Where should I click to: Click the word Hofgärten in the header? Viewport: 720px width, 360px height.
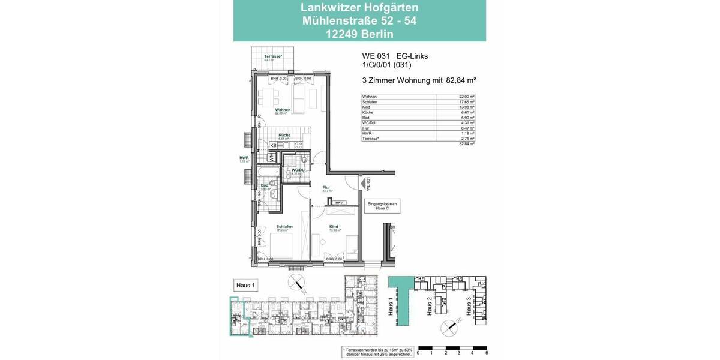(x=388, y=8)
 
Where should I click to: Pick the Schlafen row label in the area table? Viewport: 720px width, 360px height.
(x=370, y=102)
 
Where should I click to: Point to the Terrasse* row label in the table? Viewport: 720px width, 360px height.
(x=371, y=139)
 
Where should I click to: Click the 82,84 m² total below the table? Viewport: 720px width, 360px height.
(x=467, y=144)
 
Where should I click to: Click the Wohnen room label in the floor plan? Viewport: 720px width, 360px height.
(x=283, y=110)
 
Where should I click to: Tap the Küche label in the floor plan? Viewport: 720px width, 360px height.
(x=284, y=136)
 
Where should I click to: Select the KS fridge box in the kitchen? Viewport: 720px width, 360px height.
(x=273, y=145)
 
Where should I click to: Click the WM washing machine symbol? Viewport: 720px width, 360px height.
(x=272, y=157)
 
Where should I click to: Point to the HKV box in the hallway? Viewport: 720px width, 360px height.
(x=339, y=203)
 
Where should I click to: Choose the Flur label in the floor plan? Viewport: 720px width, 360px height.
(x=326, y=188)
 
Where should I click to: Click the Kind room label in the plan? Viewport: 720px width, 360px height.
(x=334, y=227)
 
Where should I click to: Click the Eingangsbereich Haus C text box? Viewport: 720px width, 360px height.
(x=382, y=206)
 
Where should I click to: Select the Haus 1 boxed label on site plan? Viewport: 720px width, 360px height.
(x=245, y=286)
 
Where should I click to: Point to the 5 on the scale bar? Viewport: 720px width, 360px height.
(x=486, y=353)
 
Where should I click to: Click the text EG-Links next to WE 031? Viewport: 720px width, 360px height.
(x=412, y=56)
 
